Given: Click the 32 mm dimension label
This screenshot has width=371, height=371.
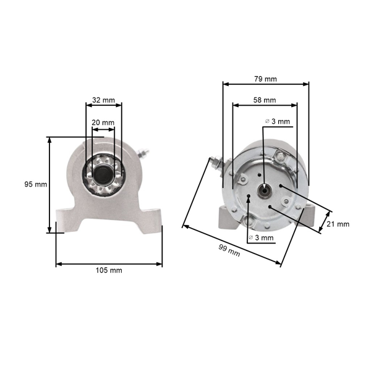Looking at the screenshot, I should pos(103,100).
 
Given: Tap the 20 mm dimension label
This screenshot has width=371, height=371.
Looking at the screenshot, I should pos(103,123).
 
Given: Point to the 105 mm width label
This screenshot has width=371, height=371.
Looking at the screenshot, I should pos(109,271).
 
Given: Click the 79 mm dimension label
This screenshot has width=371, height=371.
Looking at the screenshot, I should pos(265,79).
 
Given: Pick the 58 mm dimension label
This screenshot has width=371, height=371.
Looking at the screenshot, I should pos(264,100).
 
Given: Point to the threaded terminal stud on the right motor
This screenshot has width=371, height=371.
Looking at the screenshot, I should pos(216,163).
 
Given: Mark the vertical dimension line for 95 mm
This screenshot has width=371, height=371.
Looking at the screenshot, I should pos(50,184).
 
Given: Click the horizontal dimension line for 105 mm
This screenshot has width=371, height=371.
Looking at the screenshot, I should pos(109,264).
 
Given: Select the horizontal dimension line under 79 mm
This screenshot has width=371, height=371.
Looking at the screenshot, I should pos(265,85).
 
